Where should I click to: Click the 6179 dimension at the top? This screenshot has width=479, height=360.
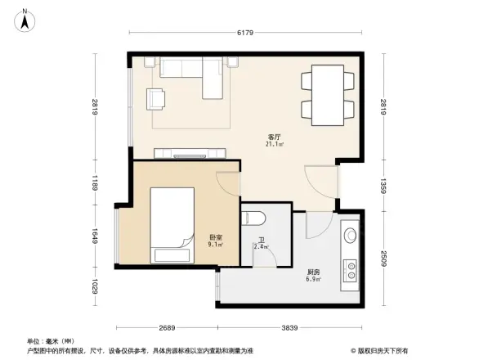click(246, 34)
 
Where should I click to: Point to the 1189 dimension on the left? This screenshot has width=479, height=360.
click(96, 187)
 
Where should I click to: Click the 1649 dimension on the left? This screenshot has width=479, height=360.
click(96, 237)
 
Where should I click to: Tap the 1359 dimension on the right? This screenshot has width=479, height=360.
click(383, 186)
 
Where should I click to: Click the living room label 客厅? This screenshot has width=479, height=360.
click(275, 137)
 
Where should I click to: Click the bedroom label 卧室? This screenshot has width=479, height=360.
click(215, 238)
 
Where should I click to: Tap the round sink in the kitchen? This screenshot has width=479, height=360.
click(351, 236)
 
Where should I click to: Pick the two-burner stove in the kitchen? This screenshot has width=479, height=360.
click(351, 269)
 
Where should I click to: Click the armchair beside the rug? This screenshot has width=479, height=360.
click(154, 98)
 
